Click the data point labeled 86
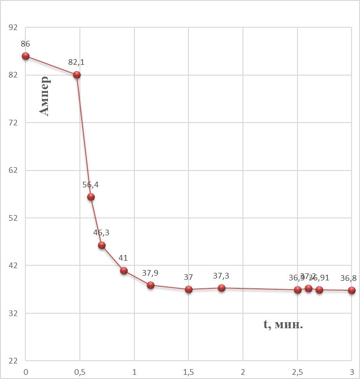(x=26, y=56)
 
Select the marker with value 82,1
(x=77, y=75)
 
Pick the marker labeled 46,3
(x=102, y=245)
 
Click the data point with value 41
(x=124, y=271)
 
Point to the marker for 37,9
(x=150, y=285)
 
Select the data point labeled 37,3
(x=221, y=288)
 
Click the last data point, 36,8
(x=352, y=290)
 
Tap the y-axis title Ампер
(x=44, y=96)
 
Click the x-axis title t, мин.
(x=283, y=324)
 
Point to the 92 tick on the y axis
(x=13, y=27)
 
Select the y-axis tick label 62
(x=13, y=170)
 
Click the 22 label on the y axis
(x=13, y=361)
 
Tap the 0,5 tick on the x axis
(x=80, y=370)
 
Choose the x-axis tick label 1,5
(x=188, y=370)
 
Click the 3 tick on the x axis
(x=352, y=370)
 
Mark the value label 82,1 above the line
(x=77, y=62)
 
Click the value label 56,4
(x=91, y=185)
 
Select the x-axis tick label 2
(x=243, y=370)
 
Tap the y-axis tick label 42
(x=13, y=266)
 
